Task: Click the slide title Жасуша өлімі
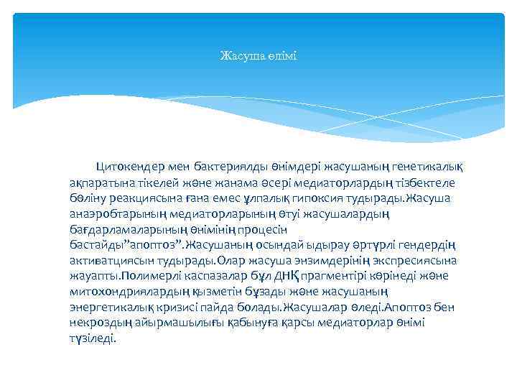tap(258, 55)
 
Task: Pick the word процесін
tap(263, 230)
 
